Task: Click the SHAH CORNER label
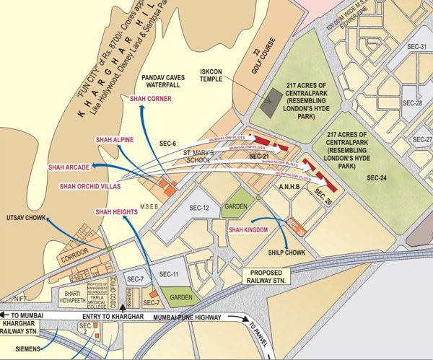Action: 150,100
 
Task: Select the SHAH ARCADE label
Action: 69,167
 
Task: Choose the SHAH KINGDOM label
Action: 248,229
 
